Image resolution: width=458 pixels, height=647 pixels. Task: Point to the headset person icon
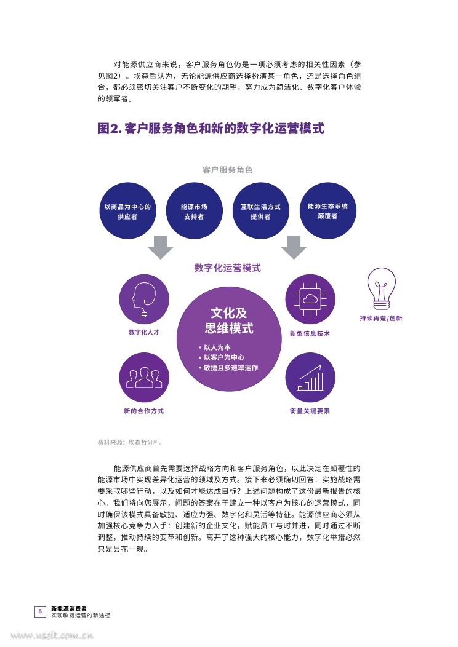143,300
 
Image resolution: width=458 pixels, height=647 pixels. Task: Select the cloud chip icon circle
310,300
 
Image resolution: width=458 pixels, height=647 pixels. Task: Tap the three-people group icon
143,377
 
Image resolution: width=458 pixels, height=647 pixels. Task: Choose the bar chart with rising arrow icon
310,377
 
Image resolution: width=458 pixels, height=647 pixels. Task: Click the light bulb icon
380,288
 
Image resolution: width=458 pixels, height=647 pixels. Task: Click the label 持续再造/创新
380,319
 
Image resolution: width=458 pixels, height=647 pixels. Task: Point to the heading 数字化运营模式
227,268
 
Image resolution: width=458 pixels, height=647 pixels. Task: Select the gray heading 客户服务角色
227,170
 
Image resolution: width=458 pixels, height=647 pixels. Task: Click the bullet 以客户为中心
223,357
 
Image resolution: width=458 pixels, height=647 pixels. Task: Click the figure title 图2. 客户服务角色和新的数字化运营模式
211,129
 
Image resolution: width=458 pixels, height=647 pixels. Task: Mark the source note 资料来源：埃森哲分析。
130,442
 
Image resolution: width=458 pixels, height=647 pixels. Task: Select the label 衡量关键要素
310,411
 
